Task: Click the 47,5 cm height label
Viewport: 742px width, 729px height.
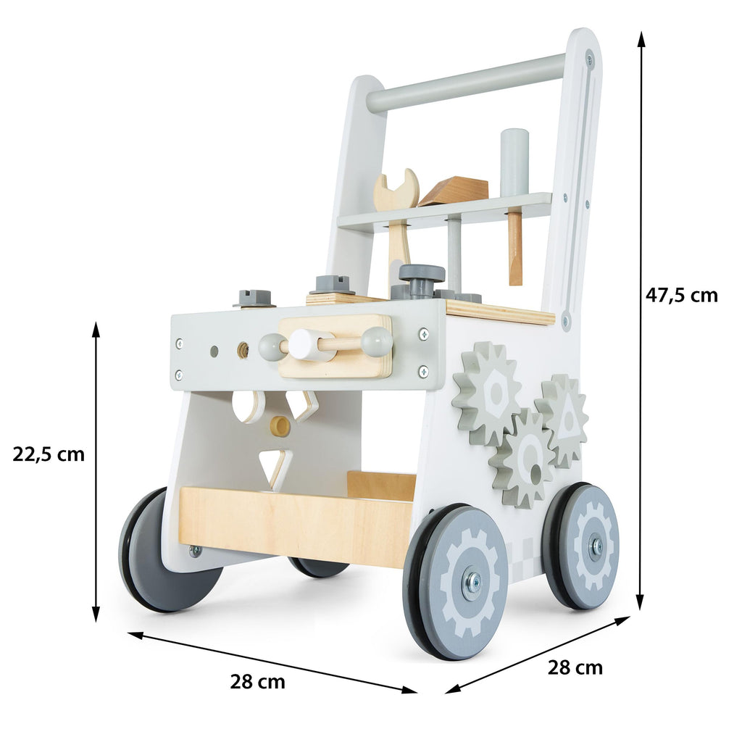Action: (681, 296)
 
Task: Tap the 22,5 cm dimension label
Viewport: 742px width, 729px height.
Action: (49, 454)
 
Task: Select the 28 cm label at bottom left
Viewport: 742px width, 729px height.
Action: (258, 682)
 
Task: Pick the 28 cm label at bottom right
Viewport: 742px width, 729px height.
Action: (575, 668)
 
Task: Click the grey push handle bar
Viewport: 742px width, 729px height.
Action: (466, 83)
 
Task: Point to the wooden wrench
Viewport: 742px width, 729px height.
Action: (397, 222)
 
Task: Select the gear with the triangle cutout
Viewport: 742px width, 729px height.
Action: (562, 420)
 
